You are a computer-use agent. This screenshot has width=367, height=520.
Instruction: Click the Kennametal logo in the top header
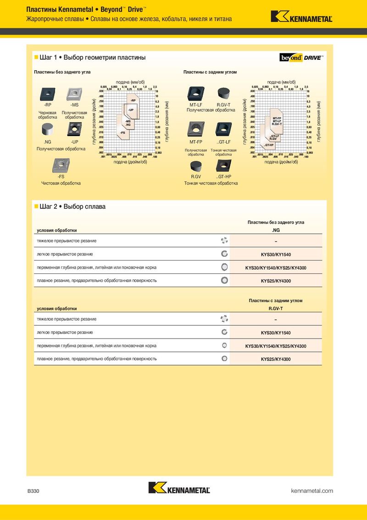coord(301,17)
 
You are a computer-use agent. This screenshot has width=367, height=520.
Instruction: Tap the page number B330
coord(33,491)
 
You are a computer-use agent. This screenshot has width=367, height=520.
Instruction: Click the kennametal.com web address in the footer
coord(312,491)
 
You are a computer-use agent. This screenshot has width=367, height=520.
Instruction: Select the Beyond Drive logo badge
coord(301,57)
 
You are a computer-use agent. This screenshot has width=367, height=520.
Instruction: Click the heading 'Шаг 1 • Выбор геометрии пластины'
coord(93,58)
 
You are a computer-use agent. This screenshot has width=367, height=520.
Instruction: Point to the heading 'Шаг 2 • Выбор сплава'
coord(72,207)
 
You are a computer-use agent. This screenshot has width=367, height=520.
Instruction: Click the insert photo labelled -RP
coord(48,94)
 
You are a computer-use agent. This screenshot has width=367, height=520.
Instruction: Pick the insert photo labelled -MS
coord(74,94)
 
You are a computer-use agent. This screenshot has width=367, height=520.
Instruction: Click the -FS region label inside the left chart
coord(122,132)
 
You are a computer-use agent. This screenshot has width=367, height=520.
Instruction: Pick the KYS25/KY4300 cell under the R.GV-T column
coord(276,359)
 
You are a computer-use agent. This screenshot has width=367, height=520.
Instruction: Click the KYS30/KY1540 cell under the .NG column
coord(276,254)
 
